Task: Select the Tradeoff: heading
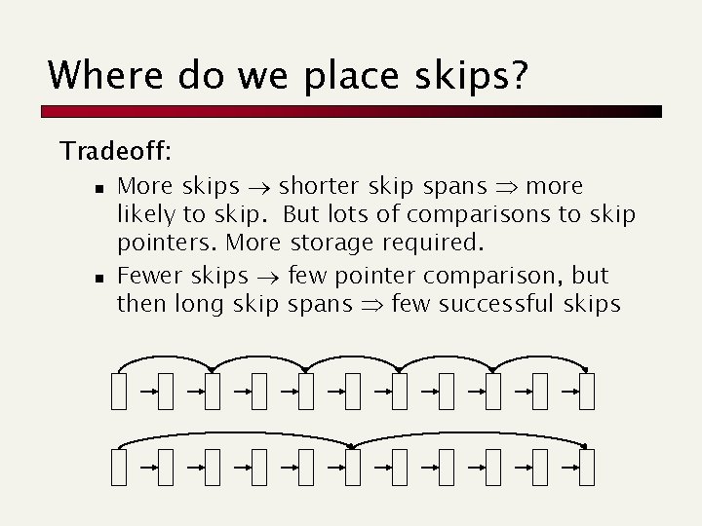point(116,151)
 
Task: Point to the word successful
point(498,304)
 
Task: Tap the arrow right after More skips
point(258,186)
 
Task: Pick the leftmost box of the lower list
point(118,467)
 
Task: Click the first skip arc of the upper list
point(166,357)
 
